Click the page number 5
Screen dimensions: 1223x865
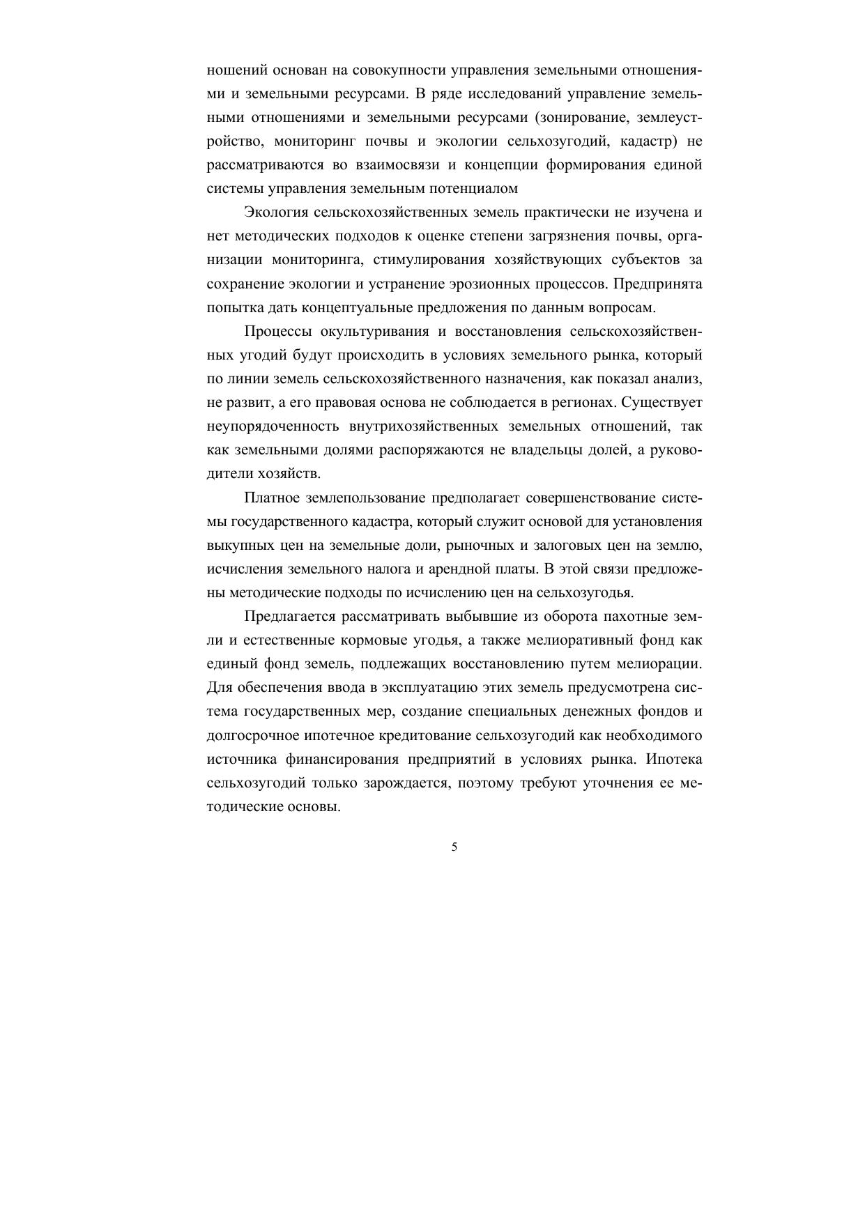454,847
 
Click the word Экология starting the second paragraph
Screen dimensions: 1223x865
276,212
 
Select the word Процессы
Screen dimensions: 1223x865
277,331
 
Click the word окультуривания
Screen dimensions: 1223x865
372,331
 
